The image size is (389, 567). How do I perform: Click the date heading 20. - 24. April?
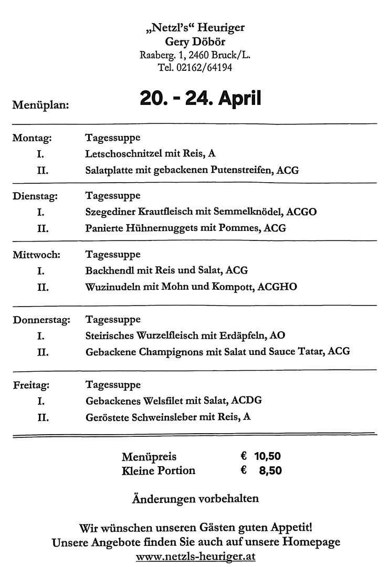pyautogui.click(x=200, y=98)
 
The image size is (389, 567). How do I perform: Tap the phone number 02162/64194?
pyautogui.click(x=202, y=68)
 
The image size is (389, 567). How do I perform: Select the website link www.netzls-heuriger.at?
pyautogui.click(x=195, y=556)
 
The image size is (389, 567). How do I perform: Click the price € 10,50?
pyautogui.click(x=260, y=456)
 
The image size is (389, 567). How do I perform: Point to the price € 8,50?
pyautogui.click(x=261, y=470)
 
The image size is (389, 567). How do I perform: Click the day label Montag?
pyautogui.click(x=31, y=138)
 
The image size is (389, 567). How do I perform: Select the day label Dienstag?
pyautogui.click(x=35, y=196)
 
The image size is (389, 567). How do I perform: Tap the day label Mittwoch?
pyautogui.click(x=36, y=255)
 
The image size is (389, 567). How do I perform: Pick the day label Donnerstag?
pyautogui.click(x=41, y=319)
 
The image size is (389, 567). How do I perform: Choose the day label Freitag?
pyautogui.click(x=31, y=385)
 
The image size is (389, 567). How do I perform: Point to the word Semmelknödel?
pyautogui.click(x=253, y=212)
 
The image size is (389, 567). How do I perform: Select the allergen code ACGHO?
pyautogui.click(x=278, y=287)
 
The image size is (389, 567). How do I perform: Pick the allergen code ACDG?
pyautogui.click(x=245, y=401)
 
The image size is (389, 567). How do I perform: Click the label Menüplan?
pyautogui.click(x=40, y=105)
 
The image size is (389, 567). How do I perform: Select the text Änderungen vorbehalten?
pyautogui.click(x=195, y=498)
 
